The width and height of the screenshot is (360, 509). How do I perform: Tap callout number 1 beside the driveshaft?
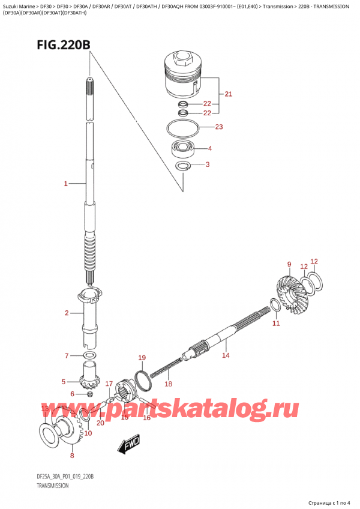(x=66, y=184)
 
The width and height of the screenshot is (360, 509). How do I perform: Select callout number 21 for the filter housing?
(x=229, y=94)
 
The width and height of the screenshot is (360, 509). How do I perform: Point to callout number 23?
(x=219, y=127)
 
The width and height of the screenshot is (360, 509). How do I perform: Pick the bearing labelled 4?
(x=182, y=148)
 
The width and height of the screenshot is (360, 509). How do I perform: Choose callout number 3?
(x=208, y=164)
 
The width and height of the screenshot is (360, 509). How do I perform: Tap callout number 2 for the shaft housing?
(x=67, y=312)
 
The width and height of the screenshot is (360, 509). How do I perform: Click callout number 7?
(x=67, y=357)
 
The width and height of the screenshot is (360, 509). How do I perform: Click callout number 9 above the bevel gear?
(x=289, y=264)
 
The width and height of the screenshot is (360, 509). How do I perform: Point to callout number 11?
(x=276, y=324)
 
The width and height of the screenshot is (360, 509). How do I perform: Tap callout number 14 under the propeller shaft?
(x=226, y=356)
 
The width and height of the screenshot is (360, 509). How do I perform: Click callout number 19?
(x=142, y=358)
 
